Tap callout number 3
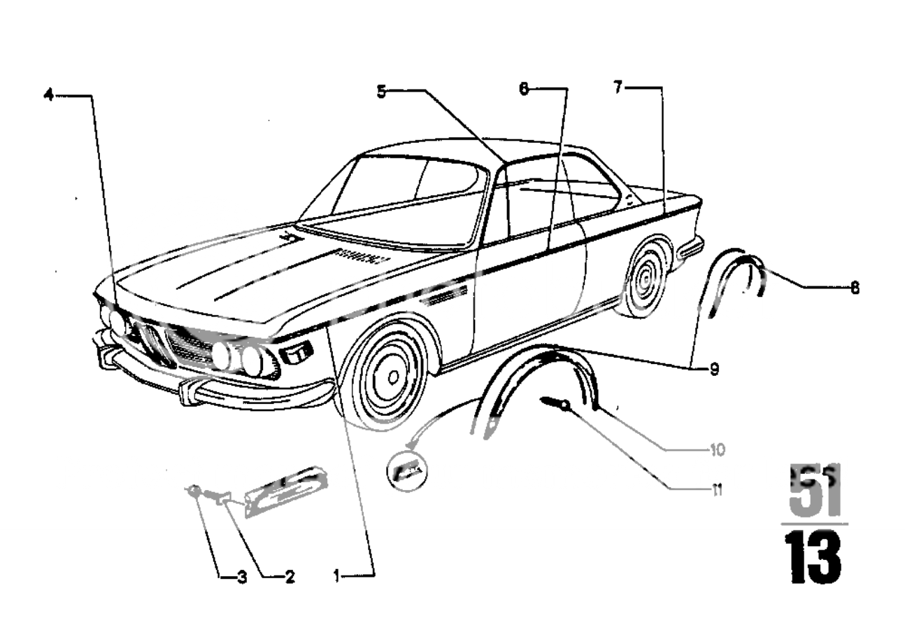[x=241, y=577]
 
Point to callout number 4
[x=48, y=94]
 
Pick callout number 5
[x=381, y=91]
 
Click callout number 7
[x=618, y=88]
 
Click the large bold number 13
[x=813, y=556]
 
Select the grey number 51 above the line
[x=814, y=491]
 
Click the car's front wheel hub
[x=393, y=376]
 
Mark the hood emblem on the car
[x=287, y=238]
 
